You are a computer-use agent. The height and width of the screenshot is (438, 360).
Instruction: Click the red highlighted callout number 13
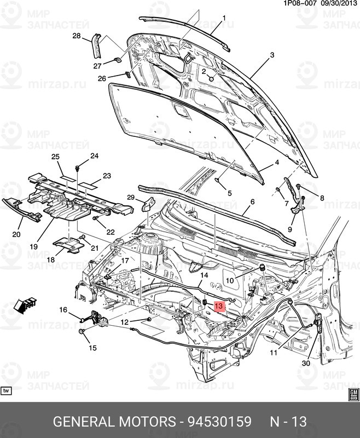219,307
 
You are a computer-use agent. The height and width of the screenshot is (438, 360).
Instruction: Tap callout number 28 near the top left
76,36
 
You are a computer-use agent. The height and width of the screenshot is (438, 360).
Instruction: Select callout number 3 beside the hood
272,56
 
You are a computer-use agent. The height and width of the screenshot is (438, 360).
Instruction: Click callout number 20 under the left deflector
16,234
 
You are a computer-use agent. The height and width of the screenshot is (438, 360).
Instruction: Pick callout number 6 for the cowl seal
252,202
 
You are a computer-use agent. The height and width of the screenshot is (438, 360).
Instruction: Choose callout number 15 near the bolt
92,348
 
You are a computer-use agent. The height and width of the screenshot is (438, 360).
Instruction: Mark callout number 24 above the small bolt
94,156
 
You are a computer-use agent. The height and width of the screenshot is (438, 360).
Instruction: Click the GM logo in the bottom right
353,394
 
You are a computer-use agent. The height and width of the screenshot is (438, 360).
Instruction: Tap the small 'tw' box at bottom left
7,391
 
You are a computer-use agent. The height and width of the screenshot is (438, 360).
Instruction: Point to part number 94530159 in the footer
219,422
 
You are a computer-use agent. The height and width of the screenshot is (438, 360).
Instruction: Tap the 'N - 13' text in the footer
288,422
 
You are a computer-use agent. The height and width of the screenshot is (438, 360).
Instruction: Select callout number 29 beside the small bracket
131,197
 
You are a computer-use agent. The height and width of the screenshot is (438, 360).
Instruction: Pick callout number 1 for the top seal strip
223,19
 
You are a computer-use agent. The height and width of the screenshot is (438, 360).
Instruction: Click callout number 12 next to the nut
125,322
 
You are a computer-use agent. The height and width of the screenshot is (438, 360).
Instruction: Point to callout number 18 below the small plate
51,260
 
